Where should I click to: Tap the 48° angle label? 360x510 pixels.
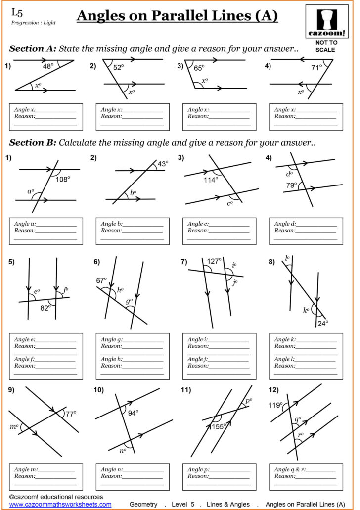pyautogui.click(x=48, y=66)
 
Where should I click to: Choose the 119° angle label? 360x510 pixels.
pyautogui.click(x=274, y=405)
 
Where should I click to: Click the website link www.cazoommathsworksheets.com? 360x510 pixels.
pyautogui.click(x=60, y=504)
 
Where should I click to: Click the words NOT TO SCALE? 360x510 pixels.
pyautogui.click(x=326, y=46)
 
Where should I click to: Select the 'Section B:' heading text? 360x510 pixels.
pyautogui.click(x=33, y=143)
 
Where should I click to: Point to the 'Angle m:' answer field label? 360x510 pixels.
pyautogui.click(x=26, y=469)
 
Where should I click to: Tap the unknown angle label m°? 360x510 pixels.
pyautogui.click(x=14, y=426)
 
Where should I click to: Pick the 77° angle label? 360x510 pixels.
pyautogui.click(x=71, y=414)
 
